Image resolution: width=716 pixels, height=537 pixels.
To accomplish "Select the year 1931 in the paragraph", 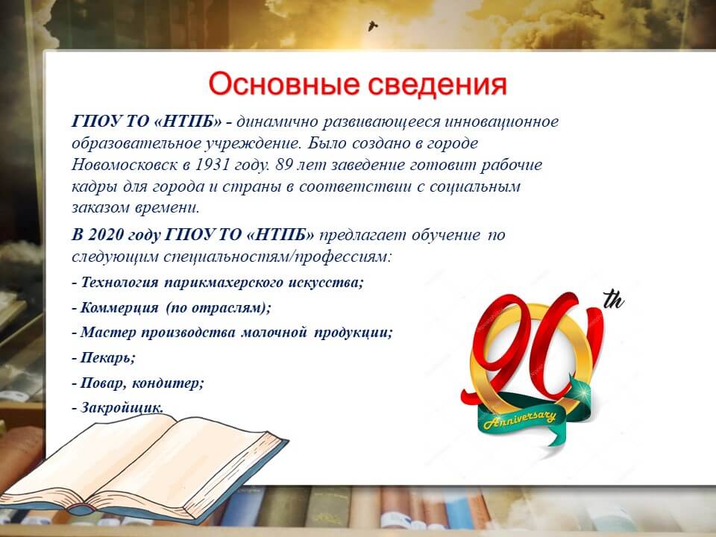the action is tap(213, 164).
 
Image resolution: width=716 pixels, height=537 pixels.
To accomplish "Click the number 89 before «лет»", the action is tap(283, 164).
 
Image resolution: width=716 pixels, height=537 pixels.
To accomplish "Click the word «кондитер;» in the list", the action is tap(168, 383).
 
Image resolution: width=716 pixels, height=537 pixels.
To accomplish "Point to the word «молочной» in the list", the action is tap(274, 332).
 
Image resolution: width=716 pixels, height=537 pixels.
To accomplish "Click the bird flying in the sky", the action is tap(373, 25).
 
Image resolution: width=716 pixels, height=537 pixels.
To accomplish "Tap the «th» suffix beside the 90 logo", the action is tap(614, 300).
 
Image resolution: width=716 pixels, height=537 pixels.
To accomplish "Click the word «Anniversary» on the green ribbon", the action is tap(520, 418).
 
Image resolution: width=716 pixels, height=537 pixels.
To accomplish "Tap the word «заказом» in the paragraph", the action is tap(101, 208).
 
